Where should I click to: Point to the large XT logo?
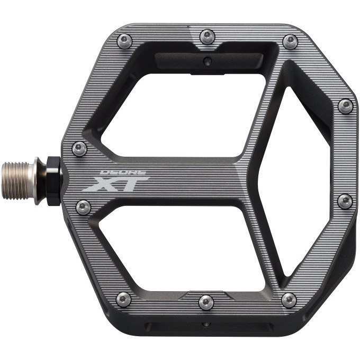pyautogui.click(x=116, y=184)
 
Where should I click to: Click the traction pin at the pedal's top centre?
pyautogui.click(x=207, y=37)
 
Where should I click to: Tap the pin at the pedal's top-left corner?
pyautogui.click(x=124, y=41)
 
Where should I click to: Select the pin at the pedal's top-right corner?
pyautogui.click(x=290, y=41)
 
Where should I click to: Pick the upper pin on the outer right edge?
pyautogui.click(x=346, y=106)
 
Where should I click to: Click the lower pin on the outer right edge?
pyautogui.click(x=345, y=202)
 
